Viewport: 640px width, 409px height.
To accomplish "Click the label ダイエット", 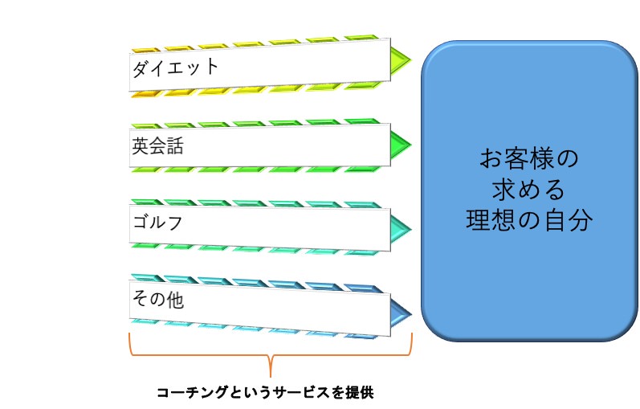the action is (176, 67).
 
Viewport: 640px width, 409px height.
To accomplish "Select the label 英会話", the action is (157, 146).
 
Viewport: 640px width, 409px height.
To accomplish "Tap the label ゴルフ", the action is (157, 223).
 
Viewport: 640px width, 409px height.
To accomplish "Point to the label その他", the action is (157, 299).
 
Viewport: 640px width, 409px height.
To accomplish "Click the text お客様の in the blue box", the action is (529, 158).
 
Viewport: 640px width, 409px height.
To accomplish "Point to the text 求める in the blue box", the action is (528, 189).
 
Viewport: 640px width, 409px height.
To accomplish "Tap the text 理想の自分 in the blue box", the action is (529, 220).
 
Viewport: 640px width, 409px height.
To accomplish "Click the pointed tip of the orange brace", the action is (271, 376).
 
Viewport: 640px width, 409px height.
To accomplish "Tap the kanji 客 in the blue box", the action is (516, 158).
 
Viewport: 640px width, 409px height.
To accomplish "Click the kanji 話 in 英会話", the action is (175, 146).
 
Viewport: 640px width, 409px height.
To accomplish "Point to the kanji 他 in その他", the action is (175, 300).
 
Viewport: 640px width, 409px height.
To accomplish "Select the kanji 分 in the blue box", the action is (581, 220).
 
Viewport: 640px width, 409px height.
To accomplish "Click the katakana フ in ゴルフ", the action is (175, 223).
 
